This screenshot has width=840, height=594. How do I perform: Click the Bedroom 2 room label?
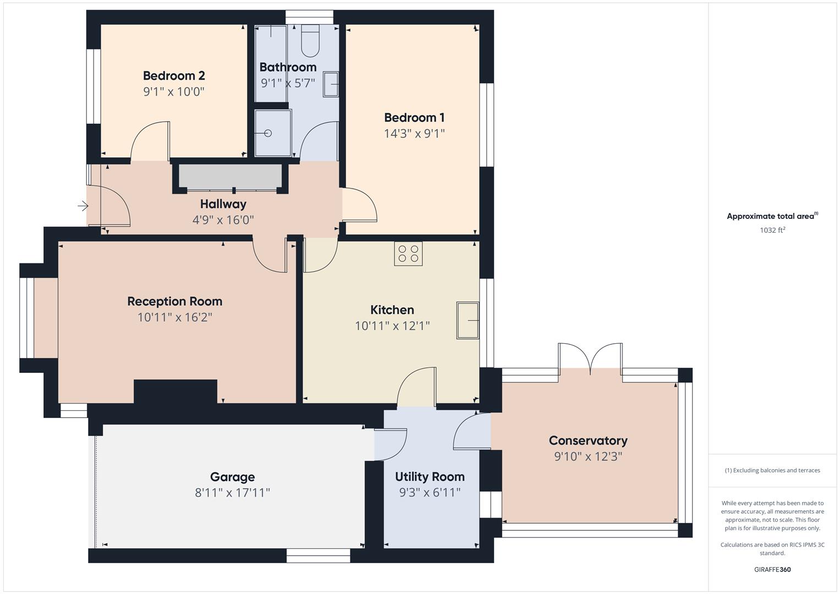click(x=174, y=76)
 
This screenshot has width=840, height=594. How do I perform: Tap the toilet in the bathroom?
click(x=310, y=41)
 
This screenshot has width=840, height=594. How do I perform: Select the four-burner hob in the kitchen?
click(x=408, y=254)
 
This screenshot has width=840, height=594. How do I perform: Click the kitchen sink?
click(x=467, y=320)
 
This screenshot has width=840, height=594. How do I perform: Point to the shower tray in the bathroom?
click(x=272, y=133)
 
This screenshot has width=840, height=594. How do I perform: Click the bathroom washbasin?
click(x=331, y=84)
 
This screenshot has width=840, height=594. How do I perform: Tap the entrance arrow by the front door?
click(x=83, y=206)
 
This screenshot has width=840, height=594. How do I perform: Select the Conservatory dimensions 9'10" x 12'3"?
click(x=588, y=457)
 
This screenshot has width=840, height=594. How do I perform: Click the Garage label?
click(x=232, y=477)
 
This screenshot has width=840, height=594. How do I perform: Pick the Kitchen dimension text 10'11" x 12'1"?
click(x=392, y=326)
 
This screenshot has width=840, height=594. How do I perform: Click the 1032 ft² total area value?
click(x=772, y=230)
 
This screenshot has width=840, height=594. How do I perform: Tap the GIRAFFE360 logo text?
click(x=772, y=569)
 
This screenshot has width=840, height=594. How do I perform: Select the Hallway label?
click(x=223, y=204)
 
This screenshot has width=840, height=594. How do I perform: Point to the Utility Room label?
click(x=430, y=477)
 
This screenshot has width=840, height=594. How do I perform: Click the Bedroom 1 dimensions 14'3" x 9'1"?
click(x=414, y=133)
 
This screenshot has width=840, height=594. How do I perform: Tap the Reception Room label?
click(x=175, y=301)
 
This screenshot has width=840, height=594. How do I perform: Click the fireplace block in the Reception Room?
click(x=175, y=392)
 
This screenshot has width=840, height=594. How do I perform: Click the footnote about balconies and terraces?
click(x=772, y=470)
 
